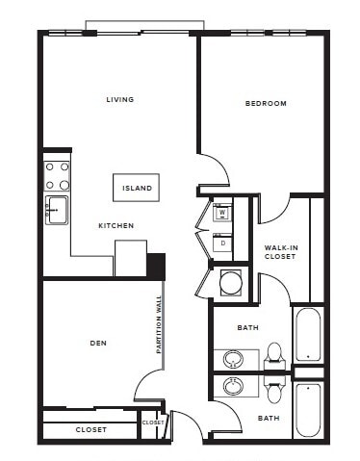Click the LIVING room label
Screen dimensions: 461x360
tap(120, 99)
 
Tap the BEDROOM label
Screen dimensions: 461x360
tap(266, 103)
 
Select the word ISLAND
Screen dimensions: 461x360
tap(136, 188)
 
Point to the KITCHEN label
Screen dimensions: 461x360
tap(116, 226)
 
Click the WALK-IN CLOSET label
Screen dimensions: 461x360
tap(280, 252)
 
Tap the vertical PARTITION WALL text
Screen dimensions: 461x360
tap(160, 325)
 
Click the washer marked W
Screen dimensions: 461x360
tap(221, 213)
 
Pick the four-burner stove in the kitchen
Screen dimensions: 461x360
tap(57, 174)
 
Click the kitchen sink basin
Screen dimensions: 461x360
tap(56, 209)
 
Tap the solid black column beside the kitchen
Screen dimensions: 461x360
tap(156, 265)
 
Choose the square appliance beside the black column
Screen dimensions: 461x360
tap(130, 258)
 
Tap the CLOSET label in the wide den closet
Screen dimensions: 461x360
tap(91, 429)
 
